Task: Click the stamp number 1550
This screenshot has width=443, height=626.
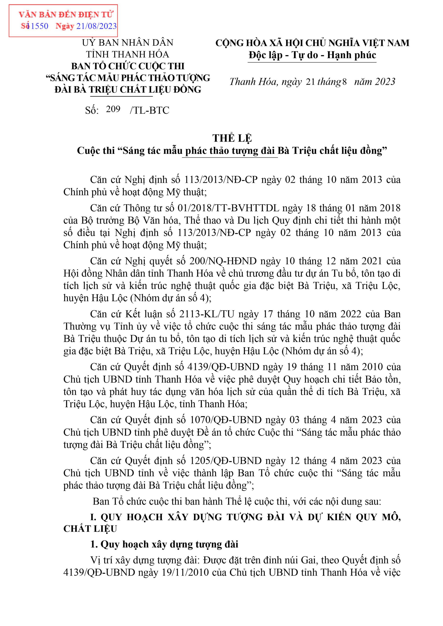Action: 40,26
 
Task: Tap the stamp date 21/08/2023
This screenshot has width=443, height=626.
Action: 96,26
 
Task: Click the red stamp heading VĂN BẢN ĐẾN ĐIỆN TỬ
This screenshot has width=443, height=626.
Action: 66,14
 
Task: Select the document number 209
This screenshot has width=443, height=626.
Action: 113,109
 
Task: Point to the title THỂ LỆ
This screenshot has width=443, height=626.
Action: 232,138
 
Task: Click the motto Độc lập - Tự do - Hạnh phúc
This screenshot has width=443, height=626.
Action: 312,55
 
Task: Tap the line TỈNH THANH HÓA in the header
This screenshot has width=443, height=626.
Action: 128,55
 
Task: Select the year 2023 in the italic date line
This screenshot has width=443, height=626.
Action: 385,82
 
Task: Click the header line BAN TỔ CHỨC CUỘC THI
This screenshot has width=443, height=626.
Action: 128,66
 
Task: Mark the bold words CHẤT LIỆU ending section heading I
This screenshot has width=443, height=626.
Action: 90,529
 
